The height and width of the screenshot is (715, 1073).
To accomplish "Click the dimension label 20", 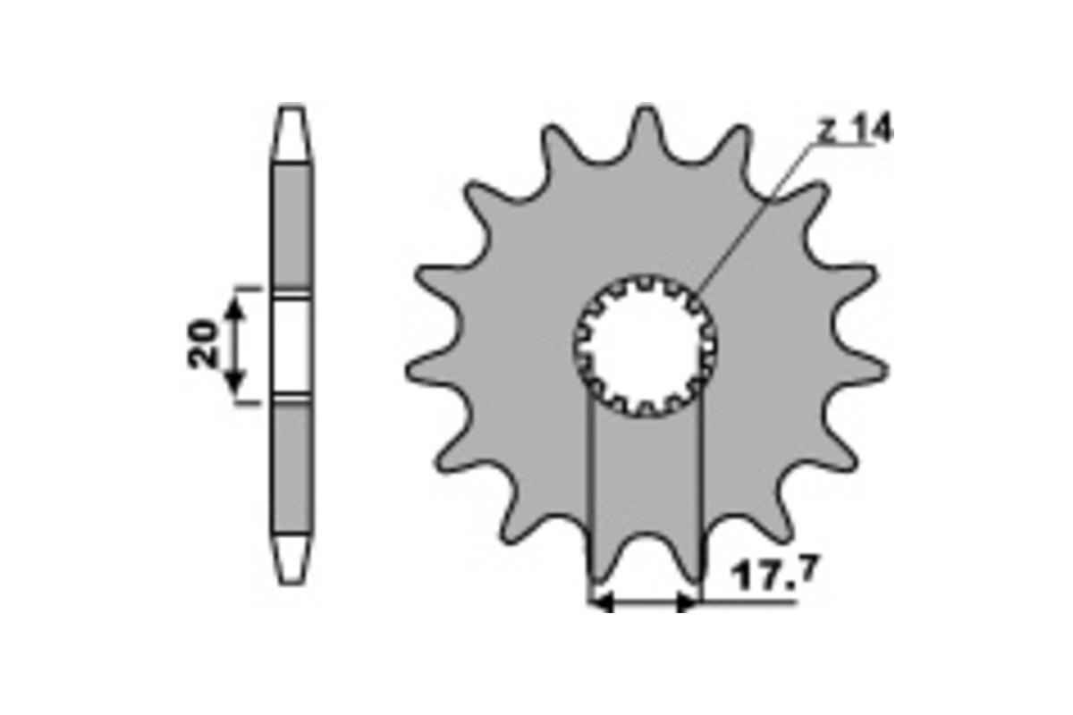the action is (x=202, y=344).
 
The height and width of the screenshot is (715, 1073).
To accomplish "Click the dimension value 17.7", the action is (x=774, y=573).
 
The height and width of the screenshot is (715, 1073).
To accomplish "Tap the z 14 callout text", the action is (x=856, y=129).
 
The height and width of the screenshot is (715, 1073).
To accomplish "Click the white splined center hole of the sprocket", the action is (x=646, y=346).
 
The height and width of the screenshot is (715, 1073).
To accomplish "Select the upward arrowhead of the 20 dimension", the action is (x=234, y=308).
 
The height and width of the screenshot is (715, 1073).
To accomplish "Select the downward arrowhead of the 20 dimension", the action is (x=234, y=381).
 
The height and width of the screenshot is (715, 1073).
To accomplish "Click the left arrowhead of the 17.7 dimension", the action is (x=603, y=602).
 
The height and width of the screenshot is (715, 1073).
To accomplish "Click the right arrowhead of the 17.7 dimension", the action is (x=687, y=602).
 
